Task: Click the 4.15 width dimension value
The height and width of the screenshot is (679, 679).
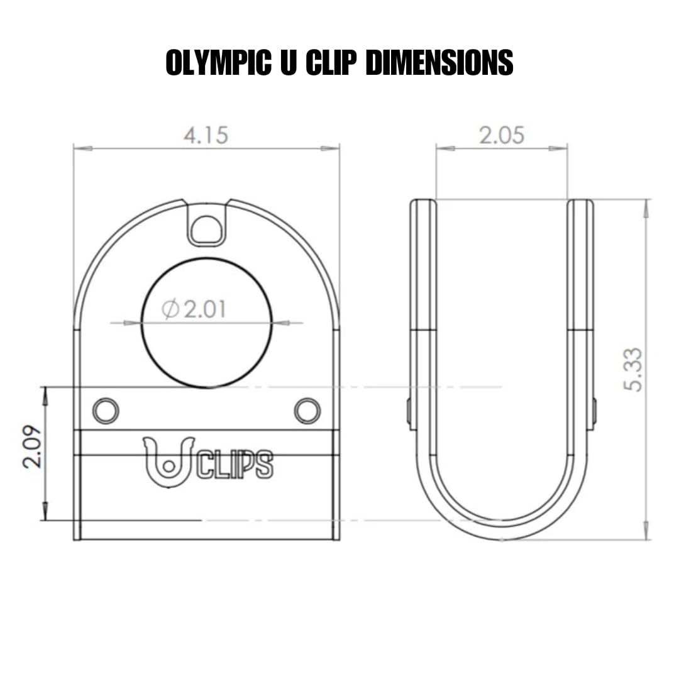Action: pyautogui.click(x=206, y=135)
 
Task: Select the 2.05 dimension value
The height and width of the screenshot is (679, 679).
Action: pyautogui.click(x=501, y=135)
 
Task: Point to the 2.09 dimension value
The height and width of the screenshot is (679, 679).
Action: pyautogui.click(x=32, y=447)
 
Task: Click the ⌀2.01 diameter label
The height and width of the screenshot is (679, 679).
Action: pyautogui.click(x=194, y=309)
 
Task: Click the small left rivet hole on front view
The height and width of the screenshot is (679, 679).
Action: pyautogui.click(x=106, y=411)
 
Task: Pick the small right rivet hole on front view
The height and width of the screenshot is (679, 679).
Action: pyautogui.click(x=307, y=411)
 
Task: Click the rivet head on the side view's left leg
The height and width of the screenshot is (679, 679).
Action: pyautogui.click(x=409, y=412)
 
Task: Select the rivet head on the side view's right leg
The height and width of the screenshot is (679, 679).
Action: pyautogui.click(x=594, y=412)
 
